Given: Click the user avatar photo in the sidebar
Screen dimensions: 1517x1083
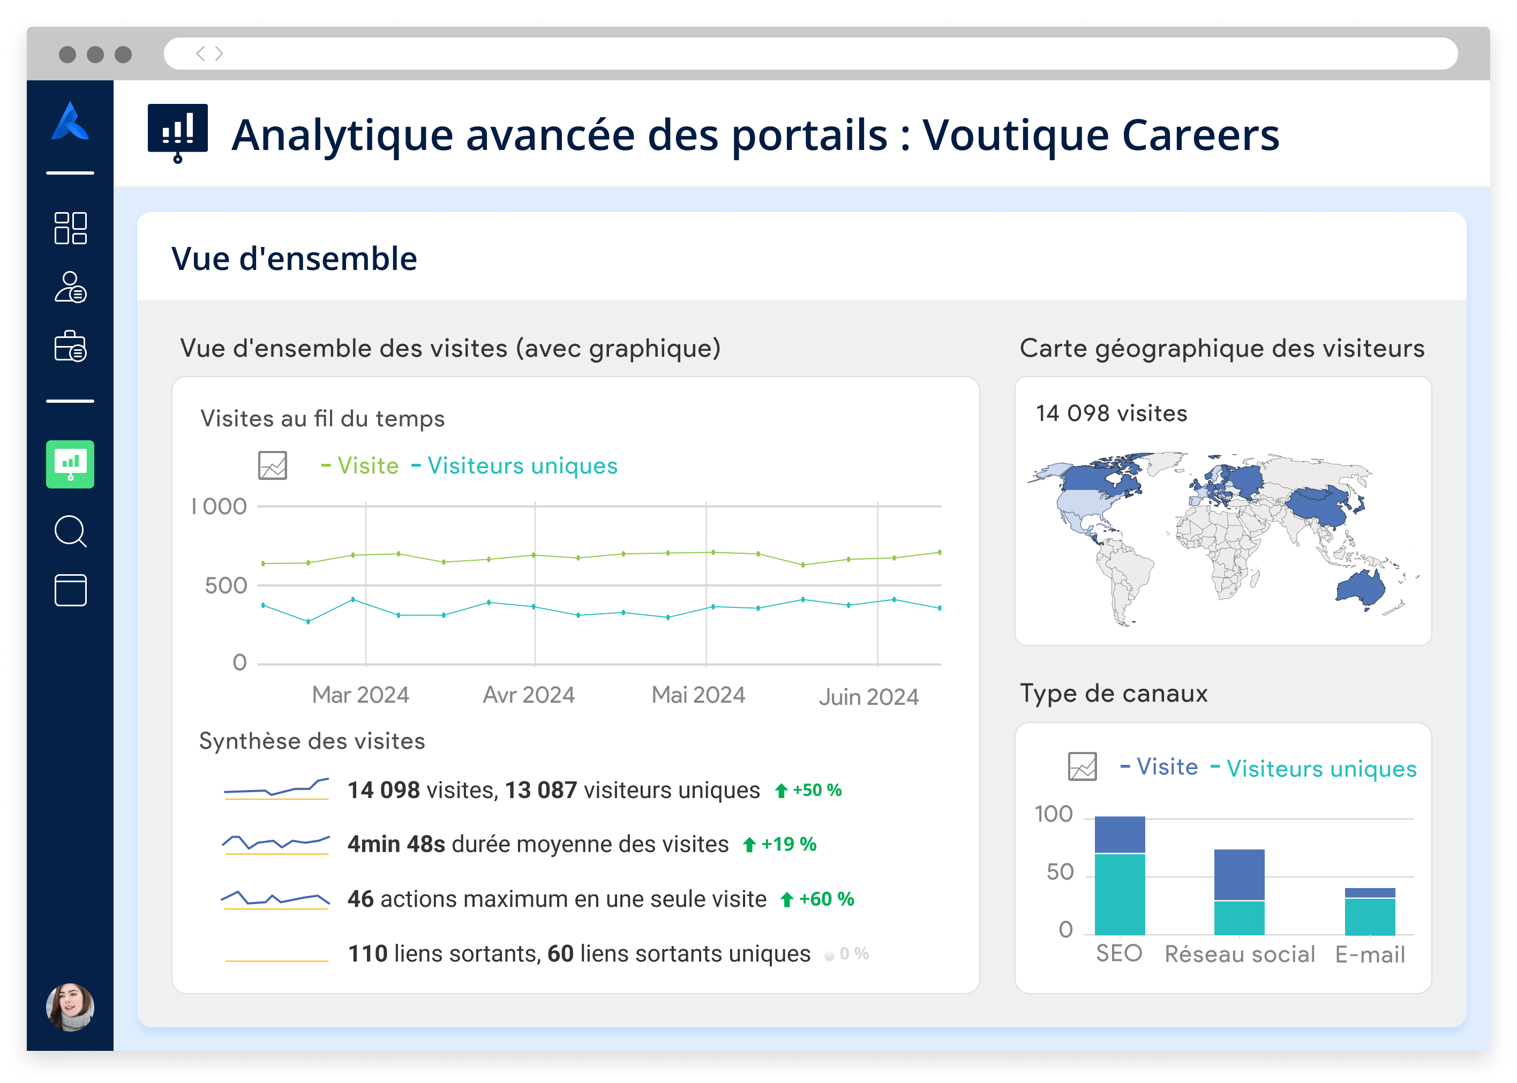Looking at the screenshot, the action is [x=70, y=1006].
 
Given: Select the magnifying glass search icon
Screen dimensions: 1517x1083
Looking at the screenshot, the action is [x=70, y=531].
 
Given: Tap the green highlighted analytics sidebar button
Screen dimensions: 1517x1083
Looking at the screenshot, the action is [x=70, y=464].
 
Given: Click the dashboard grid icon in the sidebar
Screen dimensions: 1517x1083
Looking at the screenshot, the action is [x=70, y=228].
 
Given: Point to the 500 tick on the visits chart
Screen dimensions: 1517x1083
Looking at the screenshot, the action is [x=226, y=585].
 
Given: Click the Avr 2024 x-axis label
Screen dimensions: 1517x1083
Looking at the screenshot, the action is [x=528, y=695].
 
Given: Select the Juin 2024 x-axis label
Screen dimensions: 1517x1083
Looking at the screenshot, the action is [x=868, y=697].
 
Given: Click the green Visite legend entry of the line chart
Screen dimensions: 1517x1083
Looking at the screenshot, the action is [x=360, y=465].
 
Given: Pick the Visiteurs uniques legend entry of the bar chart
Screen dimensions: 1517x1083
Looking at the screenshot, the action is [x=1313, y=768].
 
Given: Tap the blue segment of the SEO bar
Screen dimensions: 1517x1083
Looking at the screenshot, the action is [x=1120, y=834].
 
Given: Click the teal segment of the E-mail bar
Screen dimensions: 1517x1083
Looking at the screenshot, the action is [x=1370, y=916].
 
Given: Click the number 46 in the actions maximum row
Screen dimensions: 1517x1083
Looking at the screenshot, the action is [x=360, y=899].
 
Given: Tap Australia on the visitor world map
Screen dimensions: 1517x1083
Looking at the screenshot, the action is [x=1360, y=588].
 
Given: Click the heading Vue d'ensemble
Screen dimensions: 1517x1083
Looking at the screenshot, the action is [x=294, y=259].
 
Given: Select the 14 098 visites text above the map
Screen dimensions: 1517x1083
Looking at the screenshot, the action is [x=1112, y=413].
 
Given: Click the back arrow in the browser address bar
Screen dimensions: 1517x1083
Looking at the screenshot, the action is [x=200, y=54].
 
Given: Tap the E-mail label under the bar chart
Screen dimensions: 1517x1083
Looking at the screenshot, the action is [x=1370, y=954].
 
